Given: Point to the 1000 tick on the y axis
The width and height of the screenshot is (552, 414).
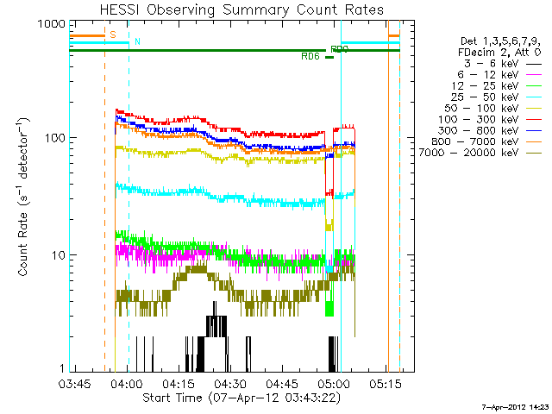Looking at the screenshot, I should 51,24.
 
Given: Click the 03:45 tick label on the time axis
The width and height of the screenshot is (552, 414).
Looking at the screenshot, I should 74,383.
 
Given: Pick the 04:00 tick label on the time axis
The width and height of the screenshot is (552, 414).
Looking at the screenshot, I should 126,383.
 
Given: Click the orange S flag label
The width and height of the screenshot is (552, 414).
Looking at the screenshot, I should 113,34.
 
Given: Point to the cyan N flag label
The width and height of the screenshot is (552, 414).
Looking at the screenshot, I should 137,42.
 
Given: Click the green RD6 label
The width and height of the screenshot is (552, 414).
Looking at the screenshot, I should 310,57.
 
